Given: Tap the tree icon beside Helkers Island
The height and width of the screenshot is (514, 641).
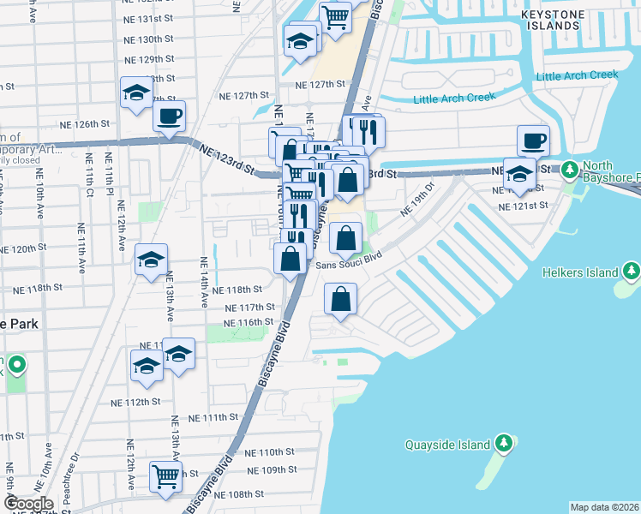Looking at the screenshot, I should point(632,272).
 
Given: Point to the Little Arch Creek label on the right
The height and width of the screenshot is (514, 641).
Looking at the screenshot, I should point(577,75).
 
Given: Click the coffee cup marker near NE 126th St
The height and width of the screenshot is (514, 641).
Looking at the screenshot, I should point(169,116).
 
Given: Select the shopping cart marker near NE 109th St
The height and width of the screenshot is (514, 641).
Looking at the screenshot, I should point(165,476).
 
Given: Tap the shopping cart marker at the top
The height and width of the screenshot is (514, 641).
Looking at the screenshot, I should point(335,15).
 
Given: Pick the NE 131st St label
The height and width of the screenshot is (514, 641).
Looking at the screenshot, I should point(148,18).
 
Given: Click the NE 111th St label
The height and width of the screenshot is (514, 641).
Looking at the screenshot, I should point(212,417).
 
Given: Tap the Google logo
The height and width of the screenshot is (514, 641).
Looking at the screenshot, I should point(28,504).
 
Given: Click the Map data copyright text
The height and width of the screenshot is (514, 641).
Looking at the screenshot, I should point(604,507).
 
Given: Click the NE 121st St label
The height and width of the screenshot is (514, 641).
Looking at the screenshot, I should point(524,206).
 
